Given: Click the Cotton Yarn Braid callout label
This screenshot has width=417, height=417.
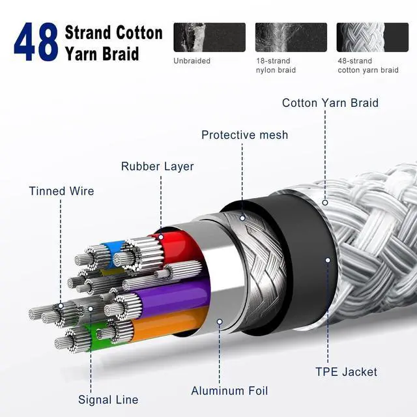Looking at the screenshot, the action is coord(330,103).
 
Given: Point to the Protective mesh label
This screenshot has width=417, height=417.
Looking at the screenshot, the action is coord(244,135).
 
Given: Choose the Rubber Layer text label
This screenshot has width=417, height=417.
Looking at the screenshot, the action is coord(158,166).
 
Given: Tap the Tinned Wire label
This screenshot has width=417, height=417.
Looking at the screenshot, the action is coord(61,191).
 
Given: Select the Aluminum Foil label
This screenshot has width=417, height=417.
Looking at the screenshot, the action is coord(229,391).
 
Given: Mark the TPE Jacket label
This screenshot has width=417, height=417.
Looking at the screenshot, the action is coord(346,372).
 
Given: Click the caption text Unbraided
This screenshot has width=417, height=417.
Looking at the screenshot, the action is coord(193,61).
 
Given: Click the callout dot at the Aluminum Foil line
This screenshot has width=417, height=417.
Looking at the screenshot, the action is coord(220,322).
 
